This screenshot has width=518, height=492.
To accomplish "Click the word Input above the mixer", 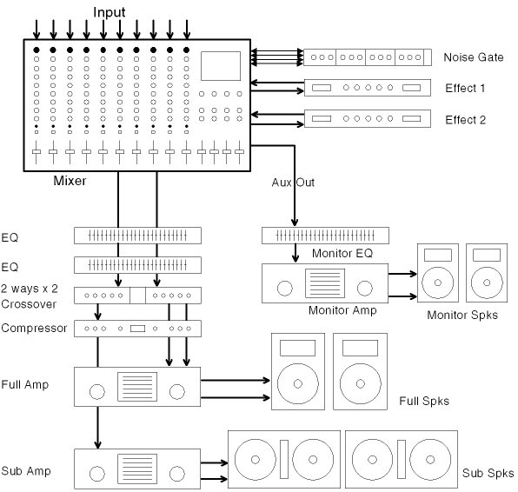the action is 109,12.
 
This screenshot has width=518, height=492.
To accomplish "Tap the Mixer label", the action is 70,181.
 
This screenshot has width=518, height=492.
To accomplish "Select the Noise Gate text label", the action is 474,57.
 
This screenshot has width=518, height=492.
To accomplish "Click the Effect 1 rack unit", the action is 368,88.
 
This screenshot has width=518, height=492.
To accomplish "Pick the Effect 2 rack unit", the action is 368,118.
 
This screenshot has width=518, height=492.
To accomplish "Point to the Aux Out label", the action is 293,183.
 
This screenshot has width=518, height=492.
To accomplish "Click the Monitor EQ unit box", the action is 325,236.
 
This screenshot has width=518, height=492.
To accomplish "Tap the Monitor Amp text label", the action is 342,310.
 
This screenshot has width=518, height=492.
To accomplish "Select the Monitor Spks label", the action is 462,315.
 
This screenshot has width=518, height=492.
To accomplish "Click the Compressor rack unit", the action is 137,329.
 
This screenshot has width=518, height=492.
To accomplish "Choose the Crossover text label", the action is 29,304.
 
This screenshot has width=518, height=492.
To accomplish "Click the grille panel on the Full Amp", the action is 137,387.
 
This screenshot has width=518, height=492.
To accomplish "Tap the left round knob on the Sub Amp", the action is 97,474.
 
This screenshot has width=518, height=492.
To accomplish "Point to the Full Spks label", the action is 424,401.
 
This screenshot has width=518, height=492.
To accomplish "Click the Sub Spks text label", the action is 488,473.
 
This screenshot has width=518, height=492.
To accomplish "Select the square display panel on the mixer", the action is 221,66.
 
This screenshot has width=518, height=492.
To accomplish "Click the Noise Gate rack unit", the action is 368,57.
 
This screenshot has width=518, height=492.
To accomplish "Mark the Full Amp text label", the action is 25,384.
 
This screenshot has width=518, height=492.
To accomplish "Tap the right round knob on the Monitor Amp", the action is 365,288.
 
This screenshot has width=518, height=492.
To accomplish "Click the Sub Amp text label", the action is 26,471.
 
